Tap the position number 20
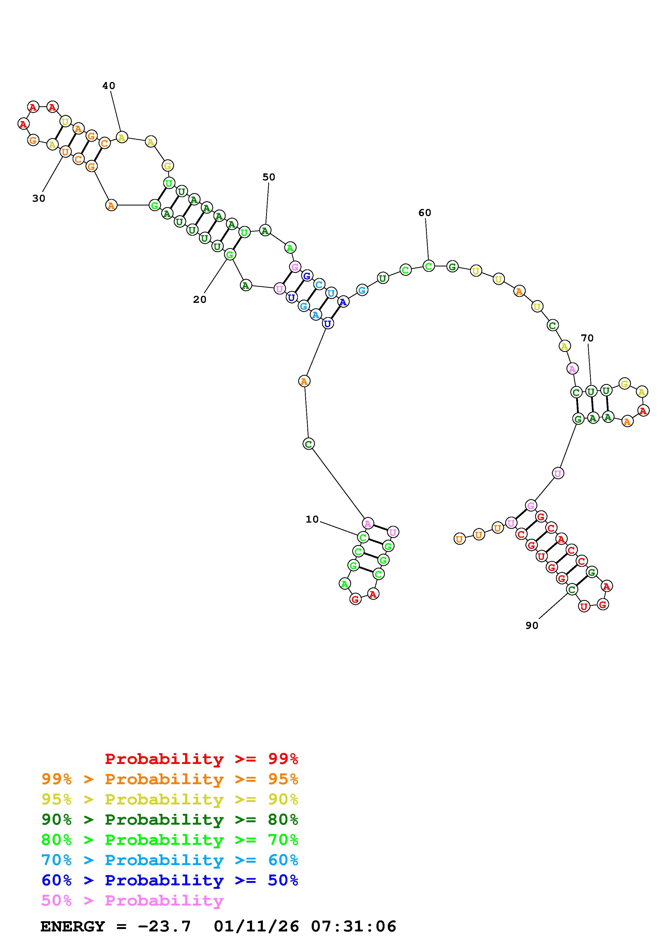click(x=199, y=300)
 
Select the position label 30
click(x=39, y=198)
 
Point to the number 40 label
click(x=109, y=86)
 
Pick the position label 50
click(x=269, y=177)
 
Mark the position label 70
click(x=588, y=338)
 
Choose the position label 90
click(x=532, y=625)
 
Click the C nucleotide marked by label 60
click(x=429, y=266)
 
